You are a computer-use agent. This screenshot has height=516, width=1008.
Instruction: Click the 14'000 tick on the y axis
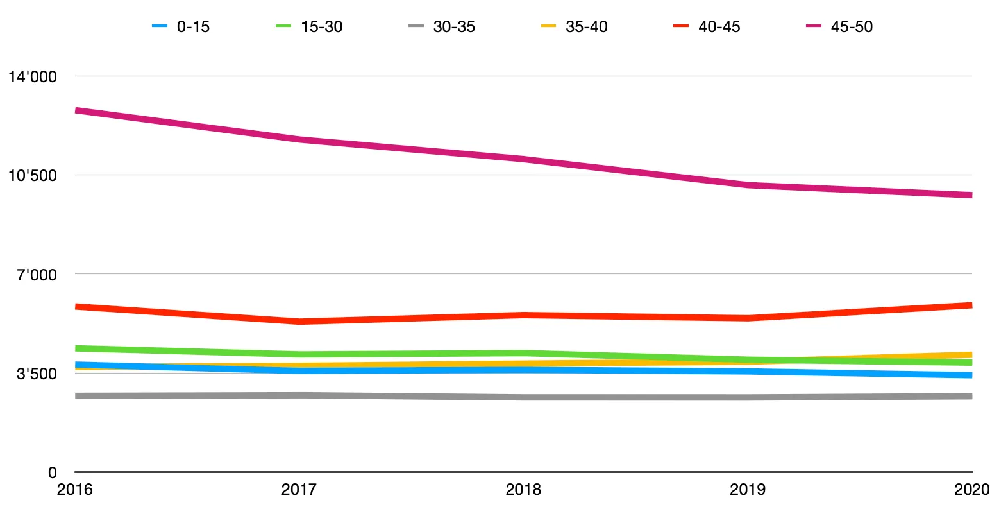pyautogui.click(x=32, y=76)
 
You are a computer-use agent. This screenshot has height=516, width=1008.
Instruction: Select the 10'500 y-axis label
pyautogui.click(x=32, y=175)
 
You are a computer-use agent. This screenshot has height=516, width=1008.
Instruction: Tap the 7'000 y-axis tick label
pyautogui.click(x=37, y=275)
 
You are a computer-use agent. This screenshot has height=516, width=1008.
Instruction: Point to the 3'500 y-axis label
pyautogui.click(x=37, y=374)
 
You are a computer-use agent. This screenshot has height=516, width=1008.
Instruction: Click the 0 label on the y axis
pyautogui.click(x=52, y=472)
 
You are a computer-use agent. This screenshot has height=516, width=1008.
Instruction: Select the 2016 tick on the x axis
pyautogui.click(x=75, y=490)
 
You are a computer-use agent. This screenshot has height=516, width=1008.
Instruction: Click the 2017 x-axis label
pyautogui.click(x=299, y=490)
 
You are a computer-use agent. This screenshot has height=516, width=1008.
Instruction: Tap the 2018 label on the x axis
pyautogui.click(x=523, y=490)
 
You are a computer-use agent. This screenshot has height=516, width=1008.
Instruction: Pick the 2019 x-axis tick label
pyautogui.click(x=748, y=490)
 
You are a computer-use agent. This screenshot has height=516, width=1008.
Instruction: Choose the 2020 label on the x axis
pyautogui.click(x=971, y=490)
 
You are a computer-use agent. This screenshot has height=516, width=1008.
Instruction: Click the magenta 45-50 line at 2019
pyautogui.click(x=748, y=185)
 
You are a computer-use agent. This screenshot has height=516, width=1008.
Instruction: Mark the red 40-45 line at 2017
pyautogui.click(x=299, y=322)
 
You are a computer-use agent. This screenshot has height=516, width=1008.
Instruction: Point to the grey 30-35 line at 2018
pyautogui.click(x=523, y=398)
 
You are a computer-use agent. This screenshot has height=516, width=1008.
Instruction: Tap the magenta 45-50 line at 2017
pyautogui.click(x=299, y=139)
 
